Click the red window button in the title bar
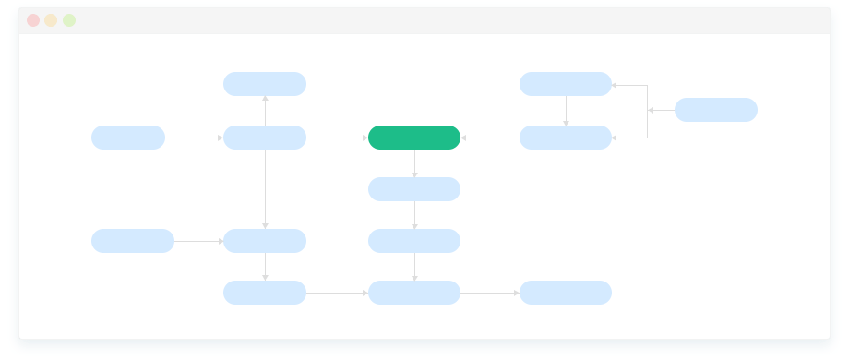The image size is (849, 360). pos(33,20)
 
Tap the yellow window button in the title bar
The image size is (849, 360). pos(51,20)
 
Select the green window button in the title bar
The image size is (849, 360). pos(69,20)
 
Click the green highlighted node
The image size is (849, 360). pos(414,138)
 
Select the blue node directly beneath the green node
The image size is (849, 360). pos(414,189)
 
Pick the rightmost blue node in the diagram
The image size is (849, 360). pos(716,110)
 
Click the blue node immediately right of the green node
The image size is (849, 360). pos(566,138)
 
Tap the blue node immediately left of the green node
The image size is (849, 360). pos(265,138)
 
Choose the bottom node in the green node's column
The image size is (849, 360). pos(414,293)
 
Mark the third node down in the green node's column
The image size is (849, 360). pos(414,241)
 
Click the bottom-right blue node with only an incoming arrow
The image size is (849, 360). pos(566,293)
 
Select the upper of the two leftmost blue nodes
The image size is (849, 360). pos(128,138)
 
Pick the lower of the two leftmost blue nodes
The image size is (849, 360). pos(133,241)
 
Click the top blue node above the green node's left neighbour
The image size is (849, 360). pos(265,84)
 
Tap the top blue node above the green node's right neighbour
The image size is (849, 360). pos(566,84)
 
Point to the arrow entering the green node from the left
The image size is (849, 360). pos(337,138)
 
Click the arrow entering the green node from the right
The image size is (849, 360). pos(490,138)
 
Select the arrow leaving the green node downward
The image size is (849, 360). pos(414,163)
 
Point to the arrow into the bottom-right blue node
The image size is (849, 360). pos(490,294)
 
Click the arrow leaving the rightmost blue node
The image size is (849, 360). pos(661,110)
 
